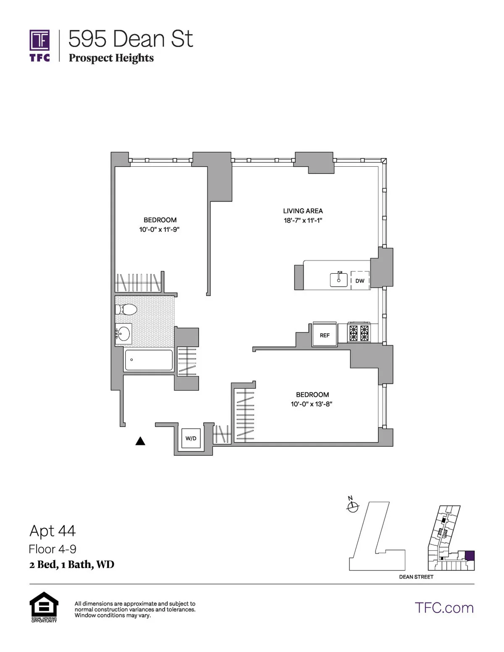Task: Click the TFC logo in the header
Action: click(40, 45)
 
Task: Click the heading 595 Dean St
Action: click(131, 39)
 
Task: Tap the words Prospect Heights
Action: click(111, 58)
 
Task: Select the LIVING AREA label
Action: click(303, 211)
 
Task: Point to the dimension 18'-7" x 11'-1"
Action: click(303, 220)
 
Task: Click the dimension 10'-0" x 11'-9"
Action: click(160, 230)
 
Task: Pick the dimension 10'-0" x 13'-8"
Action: click(312, 404)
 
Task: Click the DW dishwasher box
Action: click(360, 280)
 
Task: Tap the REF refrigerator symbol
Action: click(325, 335)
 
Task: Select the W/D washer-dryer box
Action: click(191, 438)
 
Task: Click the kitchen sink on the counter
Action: click(339, 279)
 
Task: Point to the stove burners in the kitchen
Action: click(359, 333)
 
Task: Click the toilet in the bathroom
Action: click(126, 310)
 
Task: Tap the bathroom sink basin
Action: click(123, 334)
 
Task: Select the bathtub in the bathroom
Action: click(149, 360)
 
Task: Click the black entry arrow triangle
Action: click(140, 441)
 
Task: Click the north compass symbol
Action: click(352, 506)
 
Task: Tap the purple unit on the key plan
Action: click(470, 555)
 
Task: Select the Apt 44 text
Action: click(52, 531)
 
